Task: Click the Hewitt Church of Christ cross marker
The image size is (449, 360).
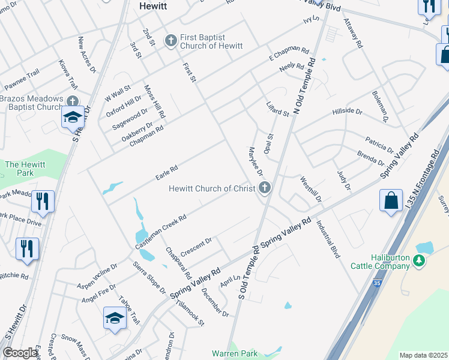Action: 264,188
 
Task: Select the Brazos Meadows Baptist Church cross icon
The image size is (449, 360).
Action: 73,102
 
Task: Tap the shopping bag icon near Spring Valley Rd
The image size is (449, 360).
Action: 391,201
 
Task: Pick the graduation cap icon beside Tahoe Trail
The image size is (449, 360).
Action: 115,319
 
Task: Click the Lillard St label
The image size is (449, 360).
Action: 278,109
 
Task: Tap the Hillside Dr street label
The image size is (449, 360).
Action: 348,112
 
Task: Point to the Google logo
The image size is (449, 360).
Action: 20,353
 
